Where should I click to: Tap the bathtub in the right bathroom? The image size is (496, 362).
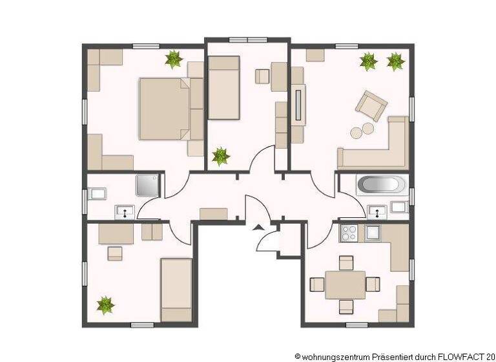380,186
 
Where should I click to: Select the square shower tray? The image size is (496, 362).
147,184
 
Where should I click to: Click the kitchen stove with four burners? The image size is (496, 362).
349,232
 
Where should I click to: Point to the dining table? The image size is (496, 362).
345,284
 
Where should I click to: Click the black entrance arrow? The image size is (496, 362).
258,227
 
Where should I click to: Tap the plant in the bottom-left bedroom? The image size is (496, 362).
105,304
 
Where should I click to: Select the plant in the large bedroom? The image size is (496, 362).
173,59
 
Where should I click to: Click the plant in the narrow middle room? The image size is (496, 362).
221,156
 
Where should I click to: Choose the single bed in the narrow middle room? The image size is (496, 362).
223,87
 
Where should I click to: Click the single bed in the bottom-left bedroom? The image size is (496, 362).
176,289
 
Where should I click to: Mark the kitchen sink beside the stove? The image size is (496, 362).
373,232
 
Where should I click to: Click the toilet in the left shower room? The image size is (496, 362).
98,193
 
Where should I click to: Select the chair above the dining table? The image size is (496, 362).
346,262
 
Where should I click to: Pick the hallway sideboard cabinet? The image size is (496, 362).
213,214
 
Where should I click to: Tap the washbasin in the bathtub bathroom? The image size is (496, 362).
377,210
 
